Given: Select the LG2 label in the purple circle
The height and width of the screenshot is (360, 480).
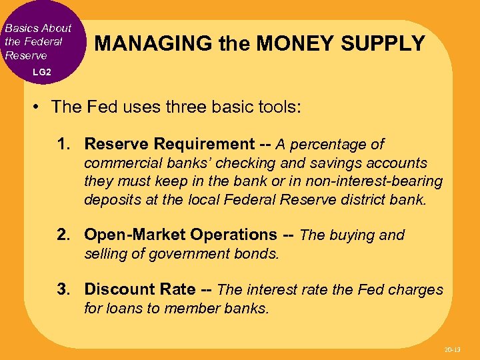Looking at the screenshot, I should click(42, 71).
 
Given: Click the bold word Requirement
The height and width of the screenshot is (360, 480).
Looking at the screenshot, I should click(204, 144).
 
